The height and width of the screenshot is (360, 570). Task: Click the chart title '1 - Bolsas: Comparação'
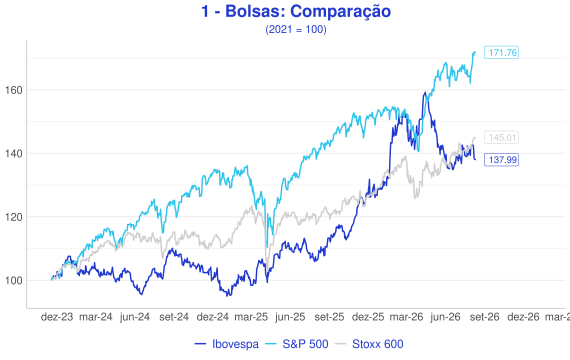(x=296, y=11)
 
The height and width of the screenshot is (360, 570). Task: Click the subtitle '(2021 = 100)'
(x=296, y=29)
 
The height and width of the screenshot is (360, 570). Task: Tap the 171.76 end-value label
(x=501, y=53)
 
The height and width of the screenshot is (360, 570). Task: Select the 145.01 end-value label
(x=501, y=137)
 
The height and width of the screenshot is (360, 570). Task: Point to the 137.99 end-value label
(x=501, y=160)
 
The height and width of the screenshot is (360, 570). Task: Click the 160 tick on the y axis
(x=13, y=90)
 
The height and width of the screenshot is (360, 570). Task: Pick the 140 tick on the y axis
(x=13, y=153)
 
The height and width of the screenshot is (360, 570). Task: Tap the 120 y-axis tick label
(x=13, y=217)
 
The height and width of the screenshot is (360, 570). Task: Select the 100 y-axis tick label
(x=13, y=281)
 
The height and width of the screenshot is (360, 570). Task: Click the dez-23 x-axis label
(x=57, y=317)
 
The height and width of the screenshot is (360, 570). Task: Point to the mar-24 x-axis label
(x=96, y=317)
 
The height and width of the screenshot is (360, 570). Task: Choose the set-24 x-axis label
(x=174, y=317)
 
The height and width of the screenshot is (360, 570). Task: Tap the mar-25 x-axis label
(x=251, y=317)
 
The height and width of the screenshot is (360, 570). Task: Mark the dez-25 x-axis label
(x=368, y=317)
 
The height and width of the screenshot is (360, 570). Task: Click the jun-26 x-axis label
(x=445, y=317)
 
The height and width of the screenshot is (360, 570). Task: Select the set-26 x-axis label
(x=484, y=317)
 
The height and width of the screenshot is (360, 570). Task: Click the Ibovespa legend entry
(x=226, y=344)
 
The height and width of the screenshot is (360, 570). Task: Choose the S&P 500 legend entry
(x=296, y=344)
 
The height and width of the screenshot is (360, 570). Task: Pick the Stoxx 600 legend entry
(x=369, y=344)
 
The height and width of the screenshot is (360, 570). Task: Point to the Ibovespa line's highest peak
(x=424, y=93)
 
